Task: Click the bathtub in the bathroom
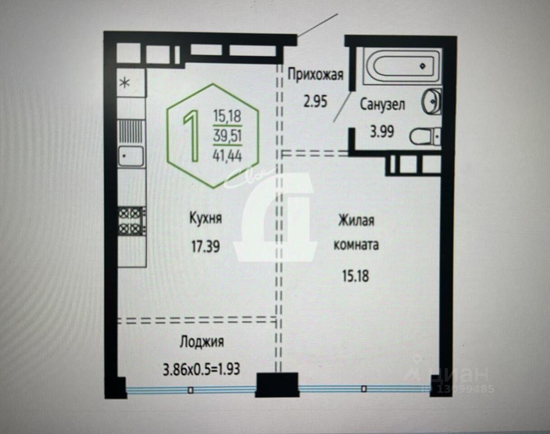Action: pyautogui.click(x=402, y=66)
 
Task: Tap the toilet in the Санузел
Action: pyautogui.click(x=425, y=137)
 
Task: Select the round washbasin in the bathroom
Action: pyautogui.click(x=432, y=101)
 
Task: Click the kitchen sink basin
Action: pyautogui.click(x=131, y=156)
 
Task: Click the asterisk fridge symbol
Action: pyautogui.click(x=125, y=83)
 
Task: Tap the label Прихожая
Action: pyautogui.click(x=315, y=75)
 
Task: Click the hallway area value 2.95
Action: pyautogui.click(x=315, y=101)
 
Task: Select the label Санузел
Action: pyautogui.click(x=382, y=105)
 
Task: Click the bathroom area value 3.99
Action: pyautogui.click(x=382, y=132)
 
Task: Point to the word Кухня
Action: pyautogui.click(x=206, y=219)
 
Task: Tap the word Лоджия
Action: pyautogui.click(x=202, y=342)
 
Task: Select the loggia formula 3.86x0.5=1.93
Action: pyautogui.click(x=202, y=369)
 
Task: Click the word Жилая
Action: pyautogui.click(x=356, y=220)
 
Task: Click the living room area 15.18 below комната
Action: pyautogui.click(x=356, y=276)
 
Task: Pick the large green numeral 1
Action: pyautogui.click(x=191, y=136)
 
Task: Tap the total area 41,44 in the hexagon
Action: pyautogui.click(x=227, y=156)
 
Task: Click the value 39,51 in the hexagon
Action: pyautogui.click(x=227, y=136)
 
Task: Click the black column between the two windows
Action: pyautogui.click(x=277, y=385)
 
